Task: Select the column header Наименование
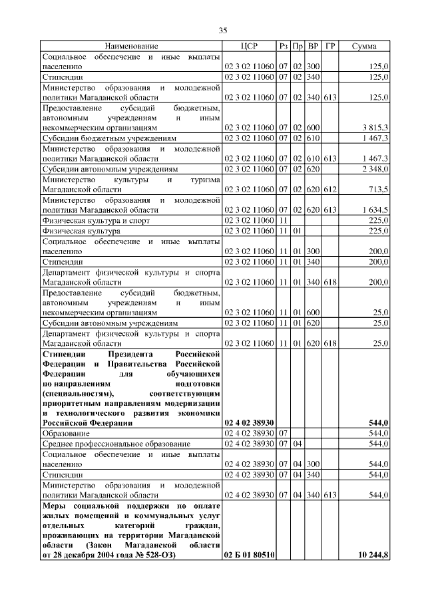tap(131, 47)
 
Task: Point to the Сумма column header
tap(364, 47)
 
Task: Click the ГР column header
tap(330, 47)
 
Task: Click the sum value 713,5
tap(379, 190)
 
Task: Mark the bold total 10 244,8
tap(373, 555)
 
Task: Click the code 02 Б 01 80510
tap(250, 555)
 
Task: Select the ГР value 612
tap(330, 190)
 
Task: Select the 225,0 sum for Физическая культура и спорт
tap(379, 220)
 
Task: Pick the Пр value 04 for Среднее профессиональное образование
tap(298, 443)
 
